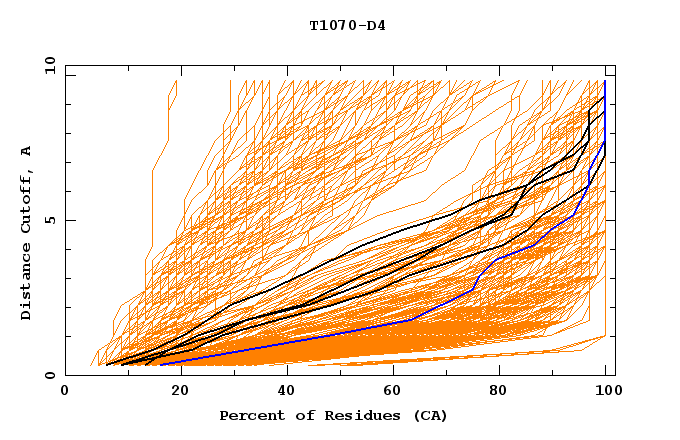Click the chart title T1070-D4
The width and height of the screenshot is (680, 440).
coord(347,25)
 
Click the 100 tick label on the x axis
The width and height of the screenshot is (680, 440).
coord(606,391)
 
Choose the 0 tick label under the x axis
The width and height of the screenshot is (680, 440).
coord(66,391)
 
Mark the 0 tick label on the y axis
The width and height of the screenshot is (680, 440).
coord(50,376)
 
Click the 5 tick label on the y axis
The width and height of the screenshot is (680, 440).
coord(50,221)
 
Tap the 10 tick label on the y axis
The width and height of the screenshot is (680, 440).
coord(47,66)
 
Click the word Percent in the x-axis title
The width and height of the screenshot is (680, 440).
coord(249,415)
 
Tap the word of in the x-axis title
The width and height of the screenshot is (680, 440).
coord(298,415)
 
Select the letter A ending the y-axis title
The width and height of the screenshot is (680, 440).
coord(26,151)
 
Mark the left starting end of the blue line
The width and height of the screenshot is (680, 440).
coord(159,365)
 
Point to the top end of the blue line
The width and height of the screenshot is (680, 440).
coord(605,82)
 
